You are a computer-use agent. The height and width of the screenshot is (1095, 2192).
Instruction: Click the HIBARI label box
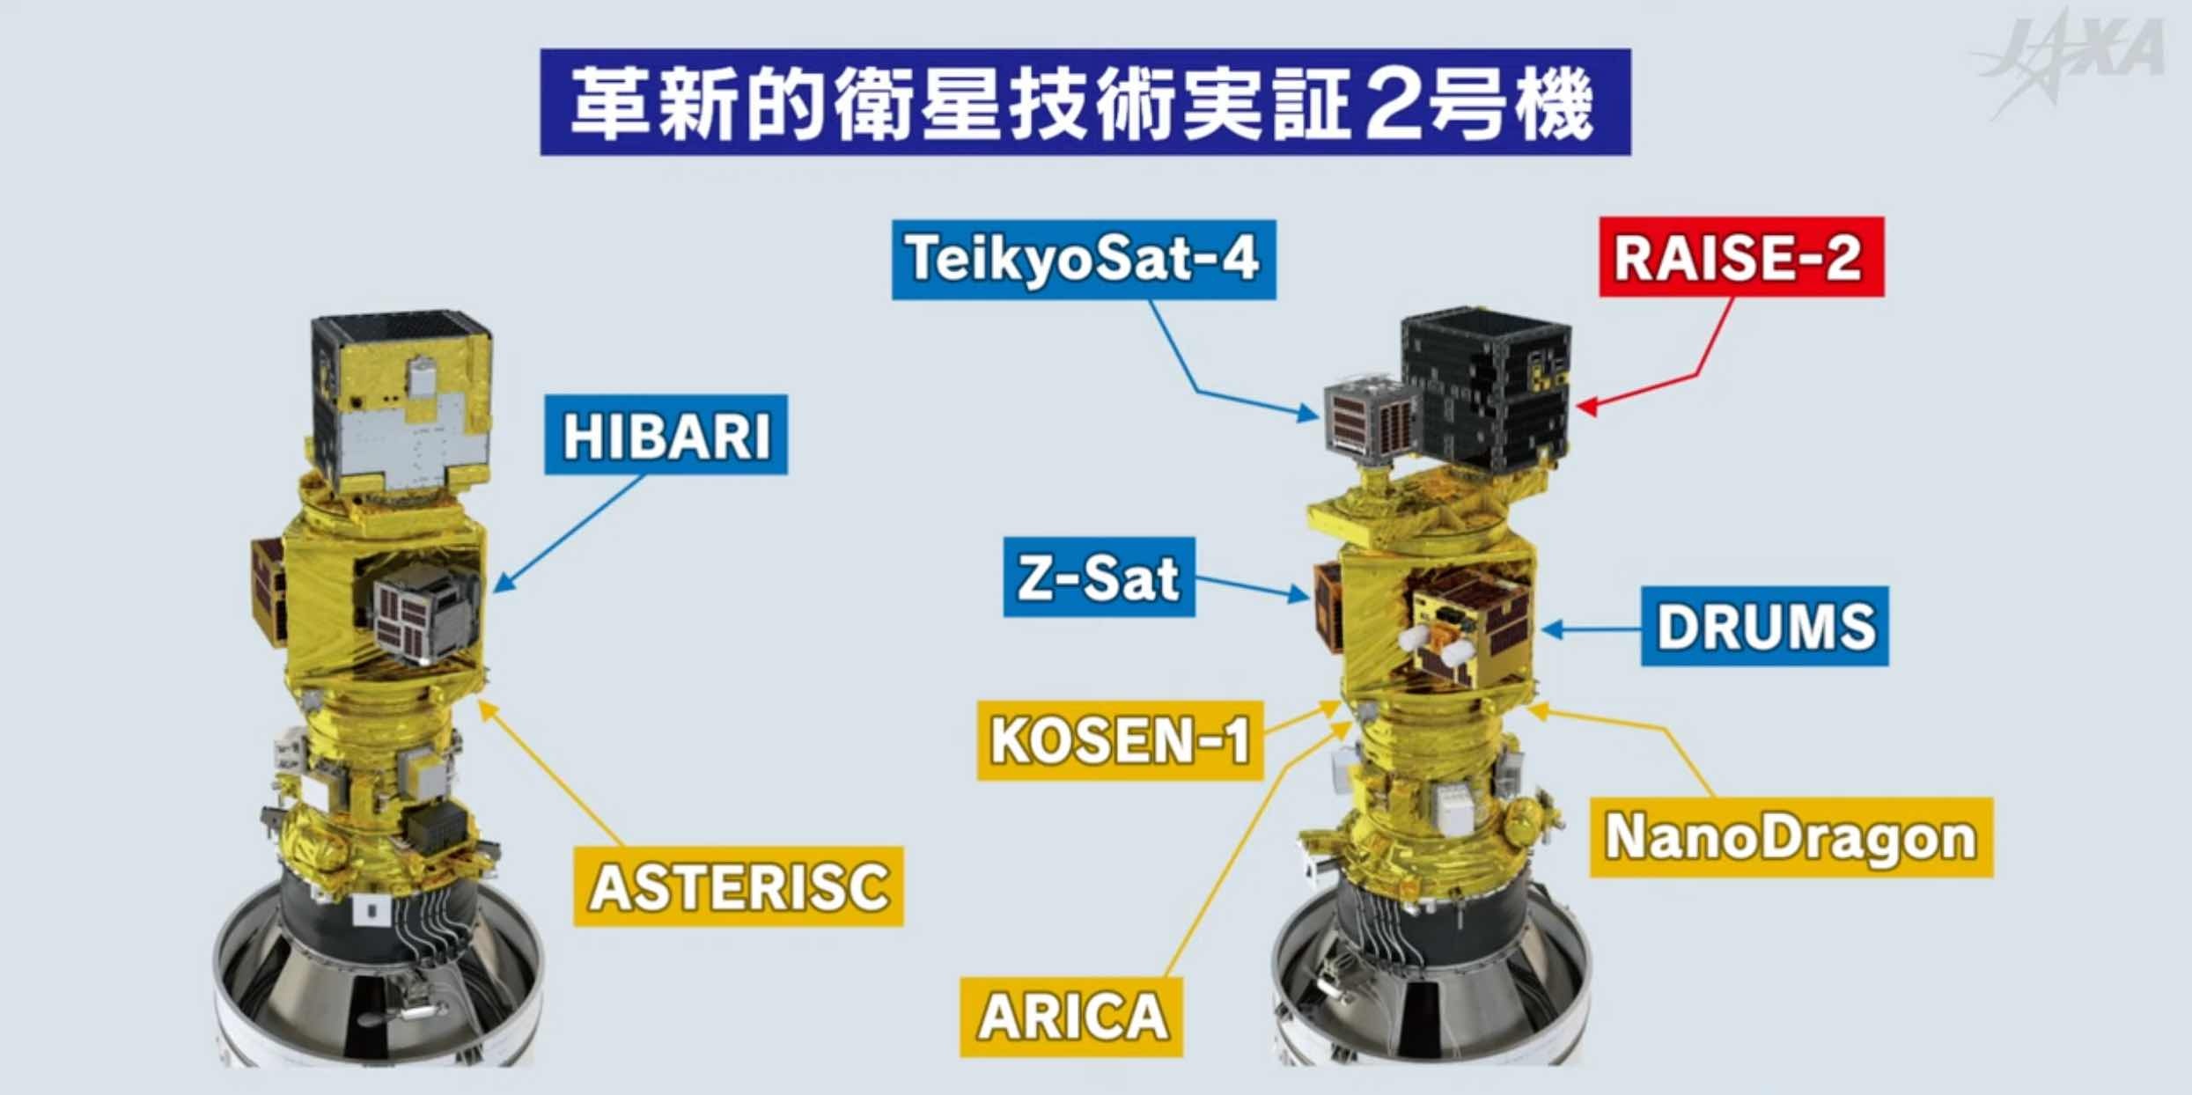(666, 435)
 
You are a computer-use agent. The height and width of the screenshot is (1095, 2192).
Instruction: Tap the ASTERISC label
(739, 886)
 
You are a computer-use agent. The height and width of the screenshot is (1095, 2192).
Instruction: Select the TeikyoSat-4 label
(1084, 259)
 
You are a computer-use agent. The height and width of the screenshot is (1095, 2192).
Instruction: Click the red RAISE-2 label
(1741, 256)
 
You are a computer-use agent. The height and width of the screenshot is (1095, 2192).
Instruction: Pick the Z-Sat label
(1099, 577)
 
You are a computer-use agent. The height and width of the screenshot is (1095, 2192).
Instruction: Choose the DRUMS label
(1765, 626)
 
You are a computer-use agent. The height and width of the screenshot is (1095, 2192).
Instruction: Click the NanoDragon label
(1791, 837)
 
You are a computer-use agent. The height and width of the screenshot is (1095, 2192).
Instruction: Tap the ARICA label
(1071, 1017)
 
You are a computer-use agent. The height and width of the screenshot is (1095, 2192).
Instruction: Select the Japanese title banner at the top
(1085, 102)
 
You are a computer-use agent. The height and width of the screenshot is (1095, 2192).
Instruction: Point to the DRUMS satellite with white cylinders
(1467, 632)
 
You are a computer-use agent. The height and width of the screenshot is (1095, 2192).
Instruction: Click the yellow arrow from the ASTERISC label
(553, 772)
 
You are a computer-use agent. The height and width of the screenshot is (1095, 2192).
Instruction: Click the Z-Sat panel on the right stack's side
(1328, 607)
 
